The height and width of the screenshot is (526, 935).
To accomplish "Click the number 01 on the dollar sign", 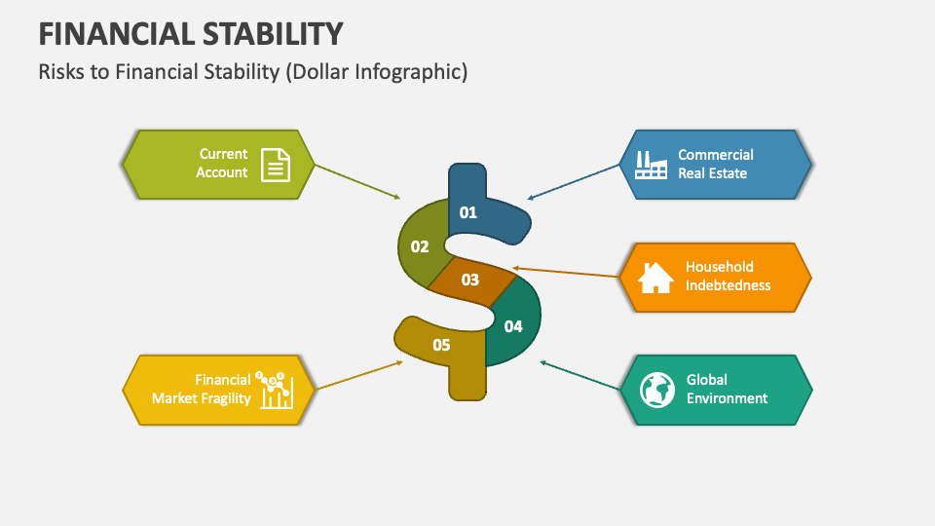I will (x=468, y=212).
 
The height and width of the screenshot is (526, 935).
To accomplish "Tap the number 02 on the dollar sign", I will (x=420, y=246).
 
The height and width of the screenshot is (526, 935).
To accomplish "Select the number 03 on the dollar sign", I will (x=470, y=280).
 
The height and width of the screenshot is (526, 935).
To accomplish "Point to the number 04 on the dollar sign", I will (x=513, y=326).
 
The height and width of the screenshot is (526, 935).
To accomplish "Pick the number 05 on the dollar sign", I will (x=441, y=345).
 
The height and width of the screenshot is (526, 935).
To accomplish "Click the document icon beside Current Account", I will (x=276, y=164).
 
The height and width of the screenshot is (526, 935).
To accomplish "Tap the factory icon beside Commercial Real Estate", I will (x=651, y=164).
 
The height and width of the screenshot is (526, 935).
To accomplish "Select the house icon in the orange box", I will (x=655, y=277).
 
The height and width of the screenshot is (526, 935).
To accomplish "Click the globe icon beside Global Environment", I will (x=657, y=390).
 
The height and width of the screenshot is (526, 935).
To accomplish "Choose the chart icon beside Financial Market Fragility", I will (x=276, y=390).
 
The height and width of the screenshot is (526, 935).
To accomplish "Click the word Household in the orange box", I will (x=719, y=267).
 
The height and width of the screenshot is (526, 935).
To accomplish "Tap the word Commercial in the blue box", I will (x=716, y=154).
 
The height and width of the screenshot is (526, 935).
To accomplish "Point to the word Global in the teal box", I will (x=706, y=380).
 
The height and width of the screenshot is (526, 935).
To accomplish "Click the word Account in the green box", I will (x=222, y=172).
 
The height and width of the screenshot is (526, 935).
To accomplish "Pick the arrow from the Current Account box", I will (x=357, y=181).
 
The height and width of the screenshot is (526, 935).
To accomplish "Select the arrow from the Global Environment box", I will (x=580, y=377).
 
